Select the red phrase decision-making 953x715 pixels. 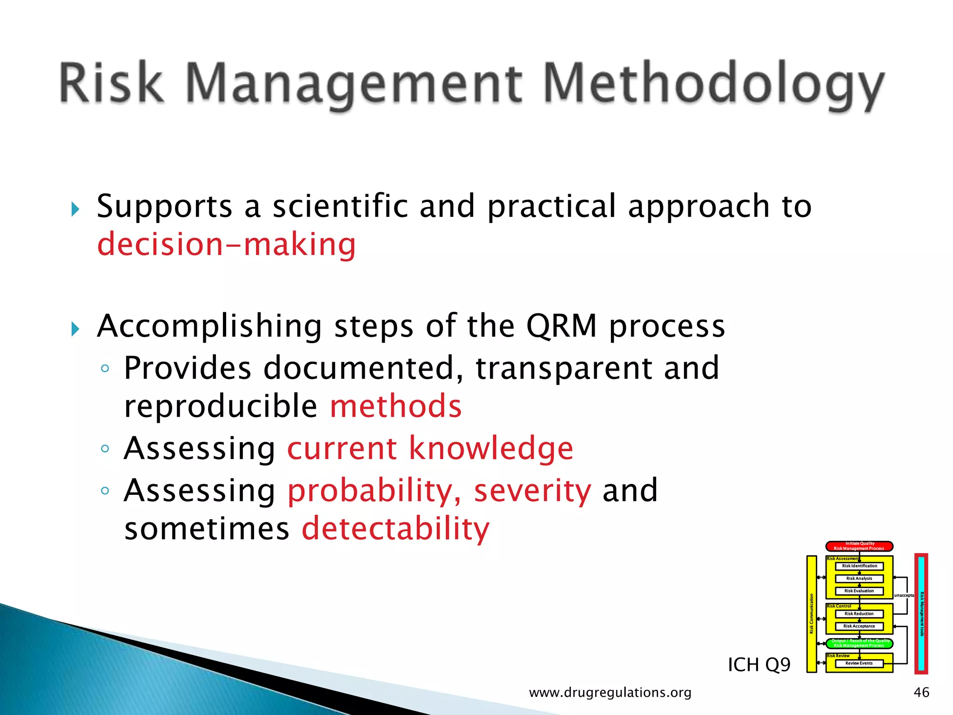tap(227, 244)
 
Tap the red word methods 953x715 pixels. tap(396, 406)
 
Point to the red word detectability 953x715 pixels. tap(396, 529)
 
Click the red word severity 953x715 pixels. tap(532, 491)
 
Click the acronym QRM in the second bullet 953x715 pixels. tap(562, 326)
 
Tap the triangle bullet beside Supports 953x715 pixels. tap(75, 209)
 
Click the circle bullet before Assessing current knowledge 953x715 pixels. tap(105, 449)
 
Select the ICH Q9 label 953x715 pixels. tap(759, 665)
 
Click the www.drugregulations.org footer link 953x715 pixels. tap(610, 693)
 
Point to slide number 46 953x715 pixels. tap(921, 692)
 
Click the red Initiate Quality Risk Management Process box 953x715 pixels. tap(859, 546)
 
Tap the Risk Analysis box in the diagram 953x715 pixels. tap(859, 579)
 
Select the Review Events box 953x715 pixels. tap(859, 663)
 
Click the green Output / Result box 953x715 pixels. tap(859, 643)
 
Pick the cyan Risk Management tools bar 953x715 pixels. tap(921, 614)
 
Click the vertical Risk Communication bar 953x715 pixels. tap(812, 614)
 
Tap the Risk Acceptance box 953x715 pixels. tap(859, 626)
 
